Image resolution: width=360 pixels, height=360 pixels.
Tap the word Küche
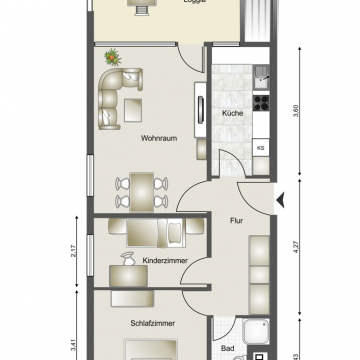tap(233, 113)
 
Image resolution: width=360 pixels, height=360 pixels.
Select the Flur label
tap(238, 220)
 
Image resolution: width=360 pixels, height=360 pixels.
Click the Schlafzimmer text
tap(153, 324)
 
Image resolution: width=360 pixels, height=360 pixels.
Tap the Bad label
tap(228, 349)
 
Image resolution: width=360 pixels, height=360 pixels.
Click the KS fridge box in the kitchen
tap(260, 150)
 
